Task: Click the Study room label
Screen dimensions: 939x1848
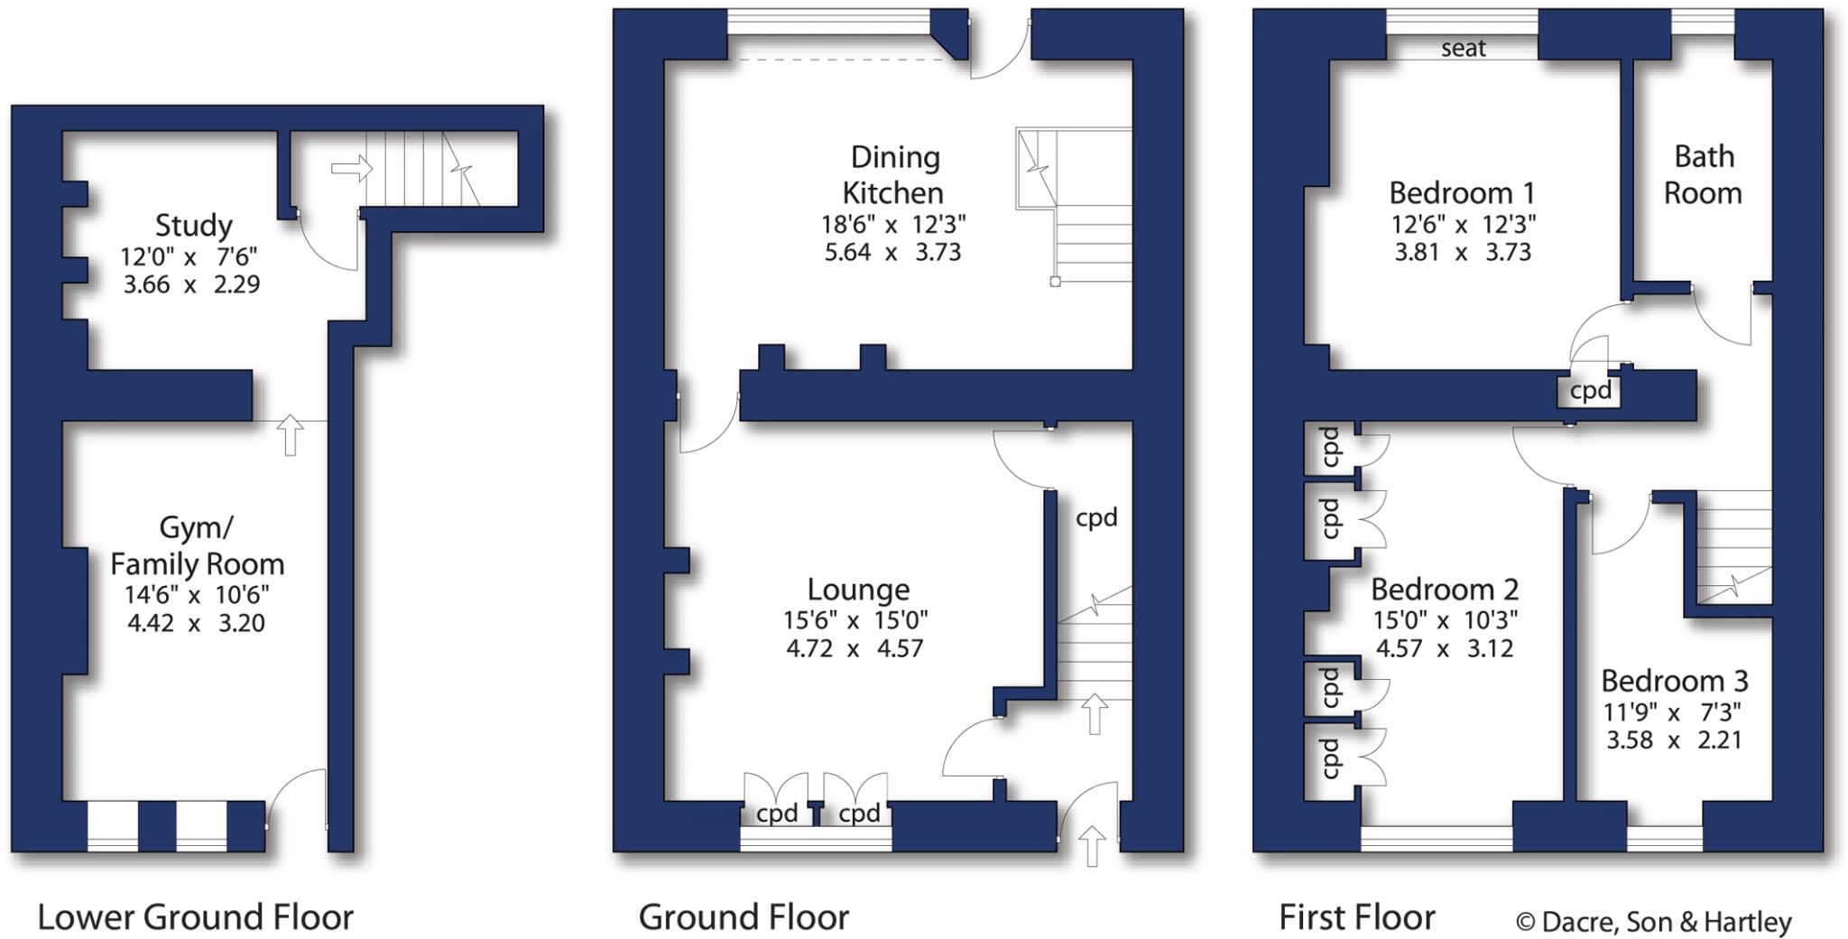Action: [x=193, y=225]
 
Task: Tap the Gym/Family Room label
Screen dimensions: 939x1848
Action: [x=197, y=545]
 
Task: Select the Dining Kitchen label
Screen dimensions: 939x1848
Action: [x=893, y=174]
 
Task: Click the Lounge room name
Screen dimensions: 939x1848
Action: [x=857, y=590]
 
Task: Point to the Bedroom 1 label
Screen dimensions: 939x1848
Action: [x=1461, y=192]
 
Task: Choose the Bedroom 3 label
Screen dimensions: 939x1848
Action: [x=1674, y=680]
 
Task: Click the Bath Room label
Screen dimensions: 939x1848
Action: [x=1703, y=174]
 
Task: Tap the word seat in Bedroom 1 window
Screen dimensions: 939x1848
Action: [x=1463, y=48]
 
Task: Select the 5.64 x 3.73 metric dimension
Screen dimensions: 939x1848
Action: [x=892, y=252]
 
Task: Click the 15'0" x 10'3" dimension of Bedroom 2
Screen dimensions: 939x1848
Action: [x=1445, y=620]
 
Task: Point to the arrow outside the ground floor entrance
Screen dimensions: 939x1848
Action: [x=1092, y=846]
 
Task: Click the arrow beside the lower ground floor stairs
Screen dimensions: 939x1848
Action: [x=352, y=168]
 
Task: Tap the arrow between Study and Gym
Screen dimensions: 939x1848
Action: [x=290, y=434]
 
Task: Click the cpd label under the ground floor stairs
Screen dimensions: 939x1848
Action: [x=1096, y=517]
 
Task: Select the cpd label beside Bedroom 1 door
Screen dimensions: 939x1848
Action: [x=1590, y=391]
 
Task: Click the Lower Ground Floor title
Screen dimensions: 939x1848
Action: [x=195, y=917]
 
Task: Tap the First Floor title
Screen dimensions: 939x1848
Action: [x=1356, y=917]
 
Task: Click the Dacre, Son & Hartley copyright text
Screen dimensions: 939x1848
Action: [x=1653, y=922]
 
